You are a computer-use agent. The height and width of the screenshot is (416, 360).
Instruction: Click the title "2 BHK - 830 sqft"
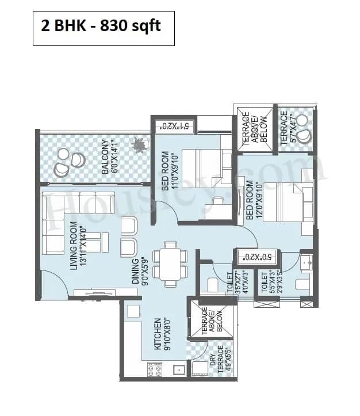(104, 27)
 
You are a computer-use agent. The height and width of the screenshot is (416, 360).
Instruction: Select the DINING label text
(139, 271)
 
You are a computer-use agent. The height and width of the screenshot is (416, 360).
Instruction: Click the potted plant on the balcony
(139, 146)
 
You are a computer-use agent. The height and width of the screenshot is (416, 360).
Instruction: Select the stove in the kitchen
(155, 368)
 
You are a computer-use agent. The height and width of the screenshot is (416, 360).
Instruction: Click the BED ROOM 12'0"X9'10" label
(253, 200)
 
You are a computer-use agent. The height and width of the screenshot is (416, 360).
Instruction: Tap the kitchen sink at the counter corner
(132, 311)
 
